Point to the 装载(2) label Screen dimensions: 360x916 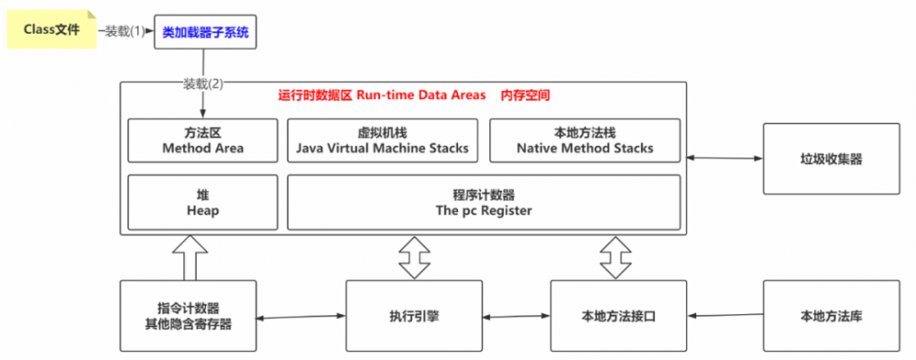click(x=202, y=83)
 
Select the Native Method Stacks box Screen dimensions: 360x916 click(x=584, y=140)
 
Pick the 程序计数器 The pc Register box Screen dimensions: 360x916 click(x=484, y=202)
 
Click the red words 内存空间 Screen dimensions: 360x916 click(x=525, y=95)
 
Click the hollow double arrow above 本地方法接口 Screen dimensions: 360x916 click(x=616, y=257)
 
